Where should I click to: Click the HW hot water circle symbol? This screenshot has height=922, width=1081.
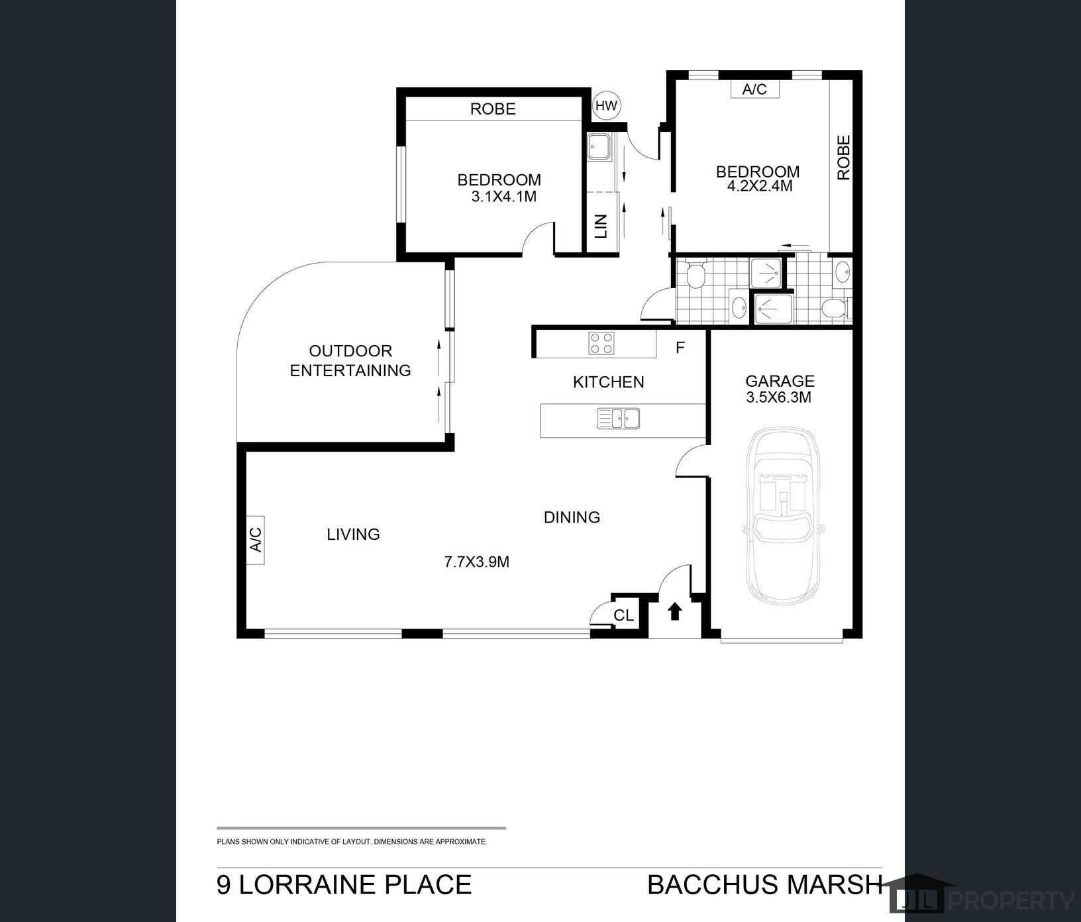tap(606, 105)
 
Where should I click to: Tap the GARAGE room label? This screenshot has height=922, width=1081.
tap(780, 381)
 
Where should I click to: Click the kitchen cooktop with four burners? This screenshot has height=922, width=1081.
tap(601, 344)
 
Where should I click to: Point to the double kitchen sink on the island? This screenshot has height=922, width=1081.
tap(618, 419)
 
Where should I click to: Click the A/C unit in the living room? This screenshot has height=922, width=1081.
tap(255, 540)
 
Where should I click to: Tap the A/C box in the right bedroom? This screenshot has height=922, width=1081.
tap(754, 89)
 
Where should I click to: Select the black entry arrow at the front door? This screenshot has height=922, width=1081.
tap(674, 611)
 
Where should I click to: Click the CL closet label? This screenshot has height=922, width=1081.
tap(623, 615)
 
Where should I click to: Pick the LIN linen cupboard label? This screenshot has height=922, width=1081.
tap(601, 226)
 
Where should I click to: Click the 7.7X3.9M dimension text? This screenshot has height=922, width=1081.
tap(476, 562)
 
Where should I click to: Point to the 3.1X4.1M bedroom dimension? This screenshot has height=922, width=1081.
tap(503, 197)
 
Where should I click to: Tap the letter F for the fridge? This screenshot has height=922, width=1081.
tap(680, 348)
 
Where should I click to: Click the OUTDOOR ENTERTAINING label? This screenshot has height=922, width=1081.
tap(350, 360)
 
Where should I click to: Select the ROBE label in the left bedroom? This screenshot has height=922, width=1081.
tap(493, 109)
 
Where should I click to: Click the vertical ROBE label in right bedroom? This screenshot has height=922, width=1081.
tap(843, 158)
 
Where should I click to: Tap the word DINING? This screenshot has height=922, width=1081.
tap(572, 517)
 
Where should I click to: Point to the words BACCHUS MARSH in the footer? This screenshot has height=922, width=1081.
tap(764, 885)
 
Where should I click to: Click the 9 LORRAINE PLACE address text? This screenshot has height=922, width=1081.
tap(344, 885)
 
